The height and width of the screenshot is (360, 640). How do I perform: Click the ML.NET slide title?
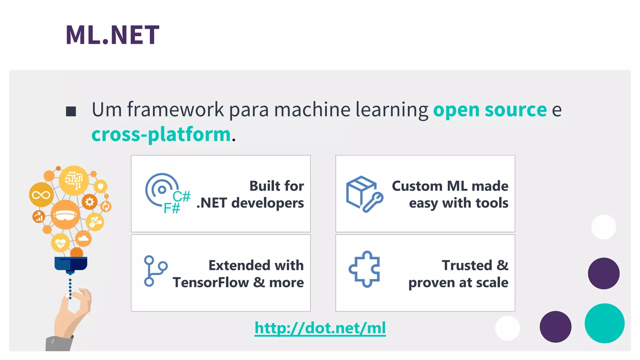[x=112, y=35]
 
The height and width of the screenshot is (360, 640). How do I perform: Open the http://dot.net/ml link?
[x=320, y=328]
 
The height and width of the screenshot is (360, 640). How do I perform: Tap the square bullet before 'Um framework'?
[x=71, y=111]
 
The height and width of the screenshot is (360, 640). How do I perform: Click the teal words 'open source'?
[x=490, y=110]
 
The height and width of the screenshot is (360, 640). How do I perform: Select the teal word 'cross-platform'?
[x=161, y=134]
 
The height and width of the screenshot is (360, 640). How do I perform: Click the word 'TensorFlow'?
[x=211, y=282]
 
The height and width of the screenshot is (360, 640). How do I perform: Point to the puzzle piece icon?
[x=364, y=269]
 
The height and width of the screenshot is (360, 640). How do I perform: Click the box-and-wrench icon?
[x=364, y=194]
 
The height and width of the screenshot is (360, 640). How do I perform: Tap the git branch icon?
[x=155, y=271]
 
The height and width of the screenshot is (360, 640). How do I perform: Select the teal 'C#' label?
[x=182, y=197]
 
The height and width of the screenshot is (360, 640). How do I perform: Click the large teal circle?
[x=604, y=323]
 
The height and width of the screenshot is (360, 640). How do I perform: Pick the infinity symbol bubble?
[x=41, y=195]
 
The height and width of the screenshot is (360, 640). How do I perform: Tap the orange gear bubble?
[x=90, y=202]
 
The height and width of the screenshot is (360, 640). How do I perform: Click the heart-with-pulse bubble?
[x=60, y=242]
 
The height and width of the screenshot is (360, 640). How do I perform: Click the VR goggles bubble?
[x=65, y=215]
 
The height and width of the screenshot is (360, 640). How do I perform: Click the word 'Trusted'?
[x=467, y=266]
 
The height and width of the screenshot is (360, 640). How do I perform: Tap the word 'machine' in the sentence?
[x=312, y=110]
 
